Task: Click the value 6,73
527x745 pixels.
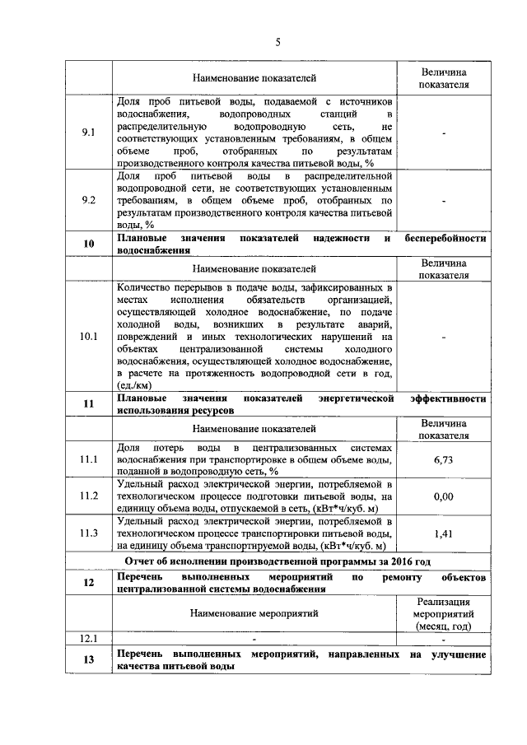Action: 443,459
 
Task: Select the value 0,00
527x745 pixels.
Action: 443,496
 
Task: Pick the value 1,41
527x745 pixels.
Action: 443,533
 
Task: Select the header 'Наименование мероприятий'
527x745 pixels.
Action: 254,613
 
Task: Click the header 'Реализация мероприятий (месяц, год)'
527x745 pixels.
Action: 443,613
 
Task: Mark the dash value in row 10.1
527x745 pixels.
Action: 443,337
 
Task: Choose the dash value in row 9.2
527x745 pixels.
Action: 443,200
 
